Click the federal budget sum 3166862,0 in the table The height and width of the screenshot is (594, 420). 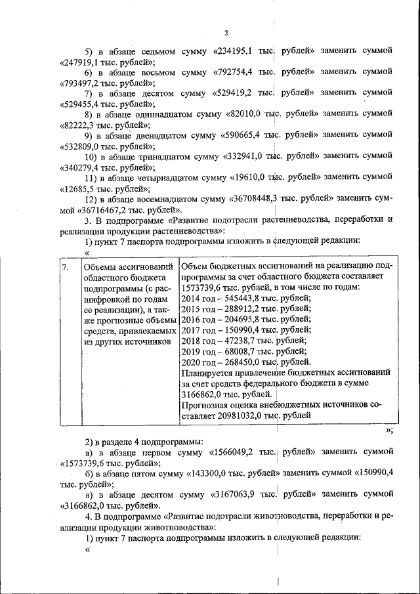(x=204, y=394)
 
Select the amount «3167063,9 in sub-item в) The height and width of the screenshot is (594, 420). (x=231, y=495)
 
